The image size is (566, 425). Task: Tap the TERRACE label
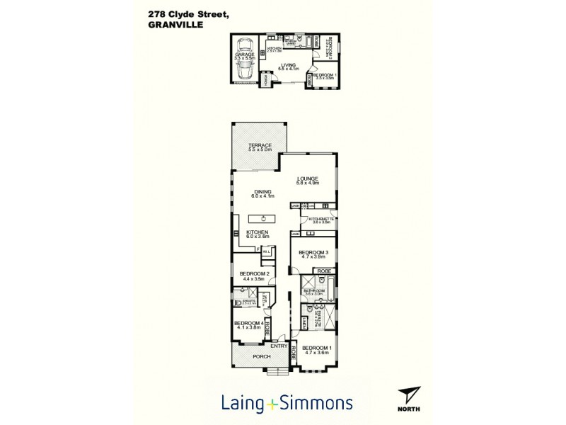(260, 145)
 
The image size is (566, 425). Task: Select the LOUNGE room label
(308, 178)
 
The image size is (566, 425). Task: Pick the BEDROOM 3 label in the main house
(313, 252)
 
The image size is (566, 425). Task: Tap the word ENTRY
(279, 346)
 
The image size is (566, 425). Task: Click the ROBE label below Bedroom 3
(323, 271)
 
